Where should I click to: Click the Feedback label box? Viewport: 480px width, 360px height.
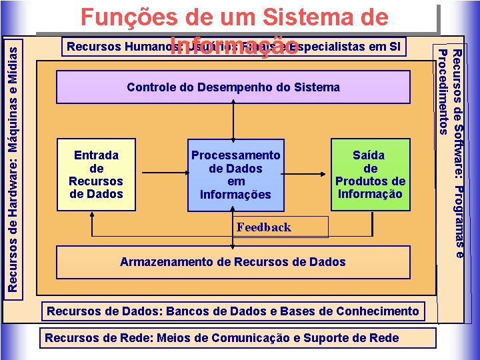264,227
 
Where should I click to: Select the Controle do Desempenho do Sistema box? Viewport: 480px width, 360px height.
233,87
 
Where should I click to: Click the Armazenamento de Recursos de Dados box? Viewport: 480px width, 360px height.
233,262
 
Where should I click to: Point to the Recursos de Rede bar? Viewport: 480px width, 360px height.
221,337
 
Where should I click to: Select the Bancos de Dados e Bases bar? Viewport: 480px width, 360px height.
233,311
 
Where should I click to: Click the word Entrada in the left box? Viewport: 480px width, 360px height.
97,155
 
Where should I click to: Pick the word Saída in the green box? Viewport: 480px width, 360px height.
369,155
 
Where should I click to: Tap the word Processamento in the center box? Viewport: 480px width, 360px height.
236,155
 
